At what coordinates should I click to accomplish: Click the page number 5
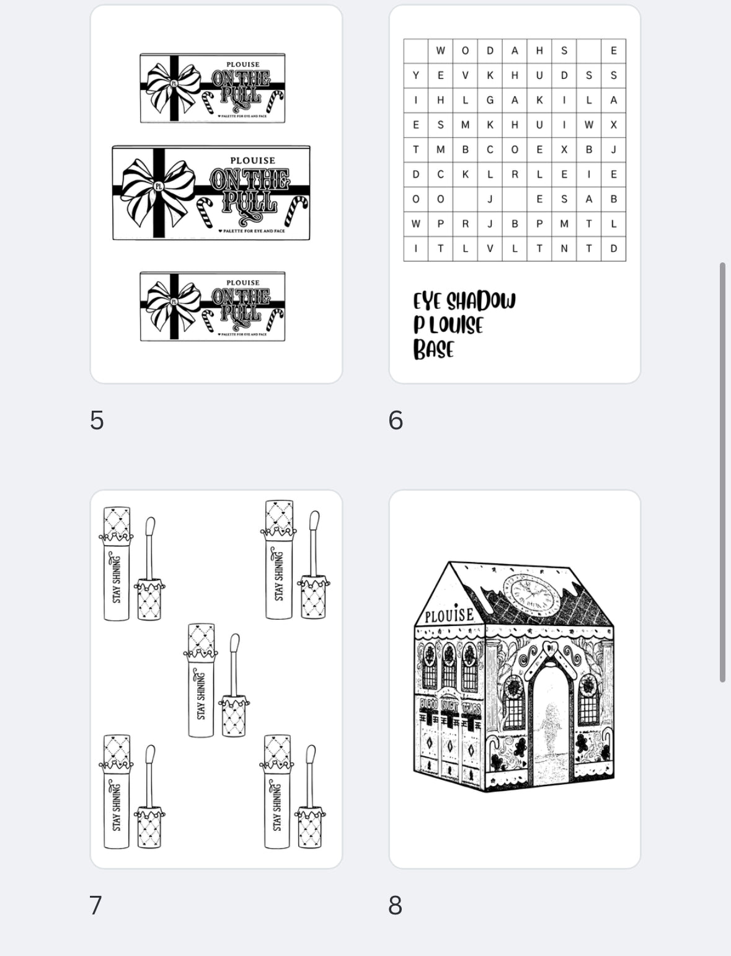click(97, 421)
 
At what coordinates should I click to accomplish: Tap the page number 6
click(396, 421)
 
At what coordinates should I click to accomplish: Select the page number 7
click(95, 906)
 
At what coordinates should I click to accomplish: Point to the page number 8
click(396, 906)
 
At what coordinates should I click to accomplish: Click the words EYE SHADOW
click(464, 302)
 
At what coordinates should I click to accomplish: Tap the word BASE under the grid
click(433, 349)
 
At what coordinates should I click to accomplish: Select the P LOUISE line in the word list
click(448, 325)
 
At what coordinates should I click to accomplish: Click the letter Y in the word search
click(415, 75)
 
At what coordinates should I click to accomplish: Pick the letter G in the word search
click(490, 100)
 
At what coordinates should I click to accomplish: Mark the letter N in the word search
click(564, 248)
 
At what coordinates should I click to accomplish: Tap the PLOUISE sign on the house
click(449, 615)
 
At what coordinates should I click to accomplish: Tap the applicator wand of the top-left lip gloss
click(149, 549)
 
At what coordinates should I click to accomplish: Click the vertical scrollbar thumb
click(722, 471)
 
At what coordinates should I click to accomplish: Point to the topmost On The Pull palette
click(212, 88)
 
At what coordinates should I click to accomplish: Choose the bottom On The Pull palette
click(212, 306)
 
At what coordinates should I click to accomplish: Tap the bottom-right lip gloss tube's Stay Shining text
click(277, 806)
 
